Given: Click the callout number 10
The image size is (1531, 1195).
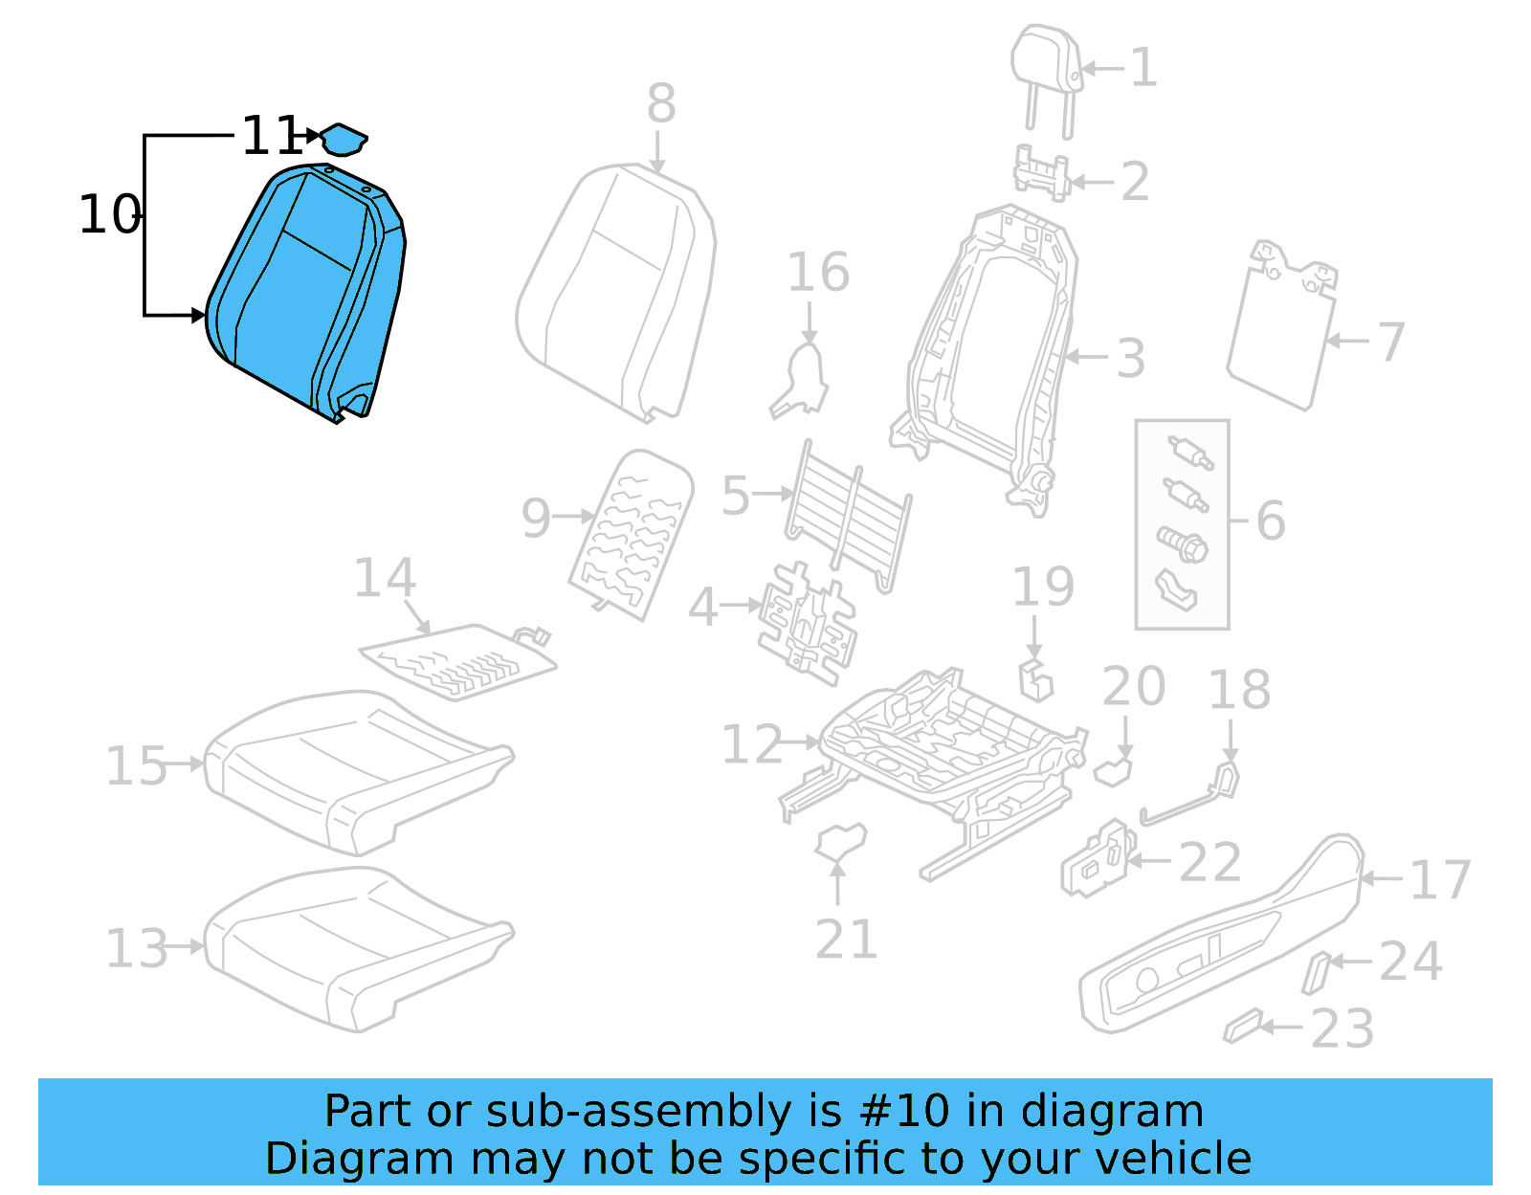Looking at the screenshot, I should point(110,215).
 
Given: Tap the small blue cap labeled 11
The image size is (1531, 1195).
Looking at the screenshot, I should point(343,140).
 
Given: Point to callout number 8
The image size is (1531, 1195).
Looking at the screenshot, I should point(660,103).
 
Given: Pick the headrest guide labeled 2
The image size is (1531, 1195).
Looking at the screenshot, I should point(1040,174).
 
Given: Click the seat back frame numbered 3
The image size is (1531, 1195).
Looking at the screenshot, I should point(995,354).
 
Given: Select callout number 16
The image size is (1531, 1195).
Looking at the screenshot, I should point(817,273).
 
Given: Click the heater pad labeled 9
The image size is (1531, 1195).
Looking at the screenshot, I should point(632,531).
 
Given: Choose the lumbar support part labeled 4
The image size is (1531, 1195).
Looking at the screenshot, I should point(807,622).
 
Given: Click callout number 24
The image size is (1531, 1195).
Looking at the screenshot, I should point(1409,963).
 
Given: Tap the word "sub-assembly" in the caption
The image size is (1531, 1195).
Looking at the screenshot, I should point(637,1112).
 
